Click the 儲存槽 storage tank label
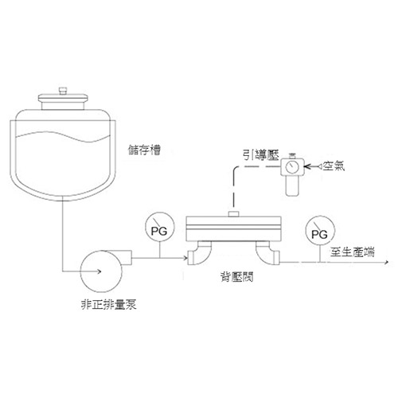pos(144,150)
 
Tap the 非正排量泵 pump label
pos(108,304)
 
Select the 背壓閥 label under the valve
pos(237,276)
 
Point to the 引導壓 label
pos(261,155)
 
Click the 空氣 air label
pos(334,166)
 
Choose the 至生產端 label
pos(353,252)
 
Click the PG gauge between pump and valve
pos(159,227)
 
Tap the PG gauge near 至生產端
pos(320,230)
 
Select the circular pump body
pos(101,271)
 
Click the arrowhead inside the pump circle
pos(99,271)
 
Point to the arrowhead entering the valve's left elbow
pos(185,258)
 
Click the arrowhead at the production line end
pos(387,262)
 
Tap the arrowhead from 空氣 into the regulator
pos(307,166)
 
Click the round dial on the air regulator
pos(292,167)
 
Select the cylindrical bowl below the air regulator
pos(292,185)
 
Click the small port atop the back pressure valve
pos(234,214)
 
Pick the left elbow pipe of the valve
pos(199,253)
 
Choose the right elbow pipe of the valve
pos(267,253)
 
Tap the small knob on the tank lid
pos(63,91)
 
